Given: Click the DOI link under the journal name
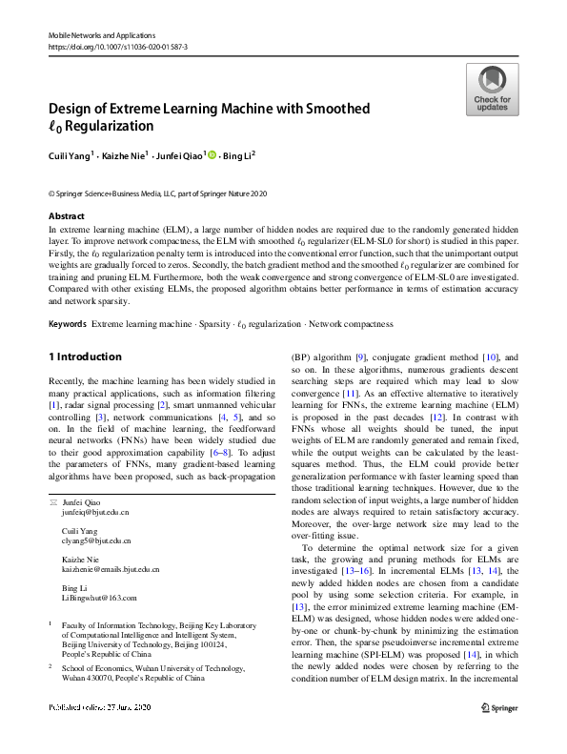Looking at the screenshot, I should [117, 46].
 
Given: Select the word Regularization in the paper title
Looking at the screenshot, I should [106, 126].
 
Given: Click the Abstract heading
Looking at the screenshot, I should [66, 216].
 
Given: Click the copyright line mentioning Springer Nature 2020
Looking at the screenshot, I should [157, 192].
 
